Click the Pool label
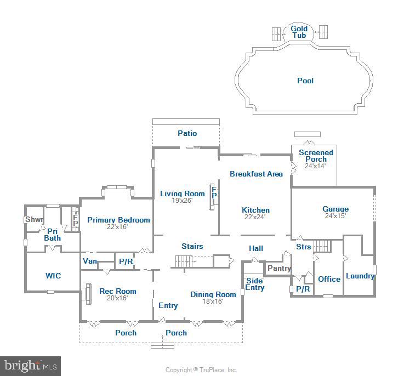tap(305, 81)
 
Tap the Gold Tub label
tap(299, 32)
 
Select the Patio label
tap(187, 133)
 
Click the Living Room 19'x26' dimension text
tap(182, 201)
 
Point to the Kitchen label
tap(255, 210)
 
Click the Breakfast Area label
tap(256, 174)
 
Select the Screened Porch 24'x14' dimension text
tap(315, 166)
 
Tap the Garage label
tap(335, 209)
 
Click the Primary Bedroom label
tap(118, 220)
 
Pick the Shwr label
tap(35, 219)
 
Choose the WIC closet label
tap(53, 276)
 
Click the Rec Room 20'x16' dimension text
tap(117, 298)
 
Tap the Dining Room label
tap(213, 294)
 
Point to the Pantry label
tap(279, 268)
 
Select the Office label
tap(329, 279)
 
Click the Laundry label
tap(360, 276)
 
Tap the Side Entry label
tap(255, 284)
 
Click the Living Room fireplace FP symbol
tap(214, 192)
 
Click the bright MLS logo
tap(30, 366)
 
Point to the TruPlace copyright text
tap(201, 370)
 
